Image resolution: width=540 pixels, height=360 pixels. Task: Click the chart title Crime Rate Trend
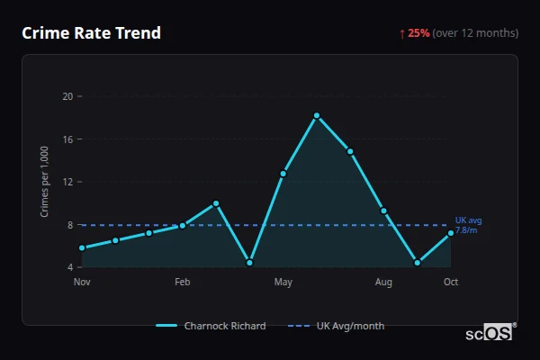click(x=91, y=33)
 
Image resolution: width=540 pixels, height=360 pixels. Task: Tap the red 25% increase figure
click(x=418, y=33)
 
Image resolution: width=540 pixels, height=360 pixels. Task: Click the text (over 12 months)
click(x=475, y=33)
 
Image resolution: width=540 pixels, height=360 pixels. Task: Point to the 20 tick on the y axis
click(x=67, y=95)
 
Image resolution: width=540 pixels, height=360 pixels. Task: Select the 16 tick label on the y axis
click(x=67, y=139)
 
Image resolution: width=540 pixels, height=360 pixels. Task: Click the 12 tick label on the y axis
click(x=67, y=182)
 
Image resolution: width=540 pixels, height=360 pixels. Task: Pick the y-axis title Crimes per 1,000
click(x=44, y=182)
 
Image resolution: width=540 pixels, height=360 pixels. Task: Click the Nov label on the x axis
click(x=82, y=283)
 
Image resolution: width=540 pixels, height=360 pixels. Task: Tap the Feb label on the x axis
click(x=183, y=283)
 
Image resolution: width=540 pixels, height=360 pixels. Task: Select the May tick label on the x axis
click(x=283, y=283)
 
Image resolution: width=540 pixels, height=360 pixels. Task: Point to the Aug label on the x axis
click(x=383, y=283)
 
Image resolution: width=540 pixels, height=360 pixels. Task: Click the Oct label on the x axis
click(x=451, y=283)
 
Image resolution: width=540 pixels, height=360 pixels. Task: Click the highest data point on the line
click(x=317, y=115)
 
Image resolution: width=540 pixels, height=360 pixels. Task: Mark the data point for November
click(x=82, y=247)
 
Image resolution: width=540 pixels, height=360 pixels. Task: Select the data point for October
click(x=451, y=233)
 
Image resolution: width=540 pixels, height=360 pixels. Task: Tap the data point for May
click(x=283, y=173)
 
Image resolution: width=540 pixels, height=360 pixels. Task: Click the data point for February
click(x=183, y=225)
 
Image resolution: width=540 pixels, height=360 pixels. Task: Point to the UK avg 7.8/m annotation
click(x=466, y=225)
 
